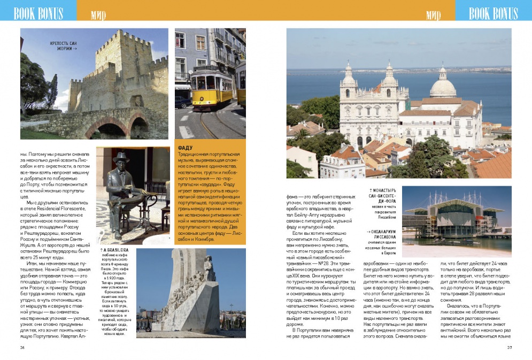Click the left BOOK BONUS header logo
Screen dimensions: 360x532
[x=38, y=13]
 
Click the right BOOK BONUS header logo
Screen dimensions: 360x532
[x=493, y=13]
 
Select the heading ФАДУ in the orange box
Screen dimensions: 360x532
[x=185, y=148]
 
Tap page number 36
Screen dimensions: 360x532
[x=22, y=347]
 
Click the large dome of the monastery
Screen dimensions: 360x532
[x=443, y=86]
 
